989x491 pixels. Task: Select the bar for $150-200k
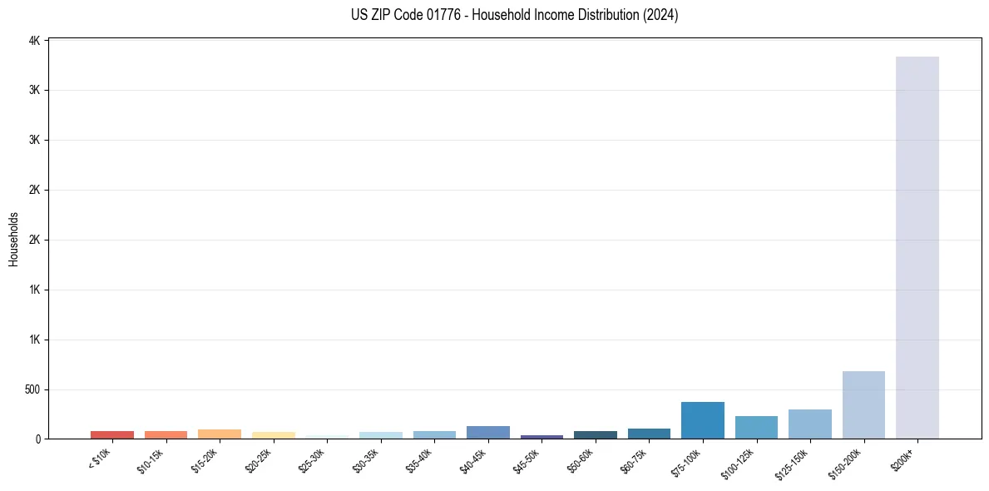click(x=863, y=405)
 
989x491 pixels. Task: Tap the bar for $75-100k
click(x=702, y=420)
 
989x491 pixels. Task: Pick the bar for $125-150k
click(x=809, y=424)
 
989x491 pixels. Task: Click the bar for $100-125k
click(x=756, y=428)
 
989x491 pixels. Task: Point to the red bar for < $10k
click(x=112, y=434)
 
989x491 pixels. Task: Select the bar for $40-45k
click(x=487, y=433)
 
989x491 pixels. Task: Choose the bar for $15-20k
click(x=220, y=434)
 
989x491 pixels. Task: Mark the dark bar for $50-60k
click(x=595, y=434)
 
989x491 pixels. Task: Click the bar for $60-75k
click(x=649, y=434)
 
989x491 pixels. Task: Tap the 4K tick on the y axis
click(x=35, y=40)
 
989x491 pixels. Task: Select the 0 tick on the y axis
click(x=38, y=439)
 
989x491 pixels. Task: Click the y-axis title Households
click(x=13, y=239)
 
